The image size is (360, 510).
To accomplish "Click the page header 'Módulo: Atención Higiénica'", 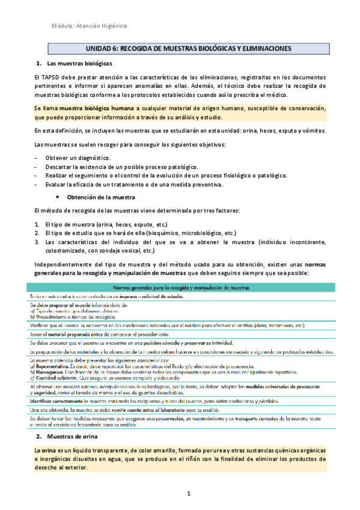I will point(89,26).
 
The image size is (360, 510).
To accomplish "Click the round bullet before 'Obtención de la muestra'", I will point(56,197).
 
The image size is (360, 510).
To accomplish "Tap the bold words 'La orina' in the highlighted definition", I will point(47,450).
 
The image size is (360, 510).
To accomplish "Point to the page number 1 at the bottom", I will point(188,494).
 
